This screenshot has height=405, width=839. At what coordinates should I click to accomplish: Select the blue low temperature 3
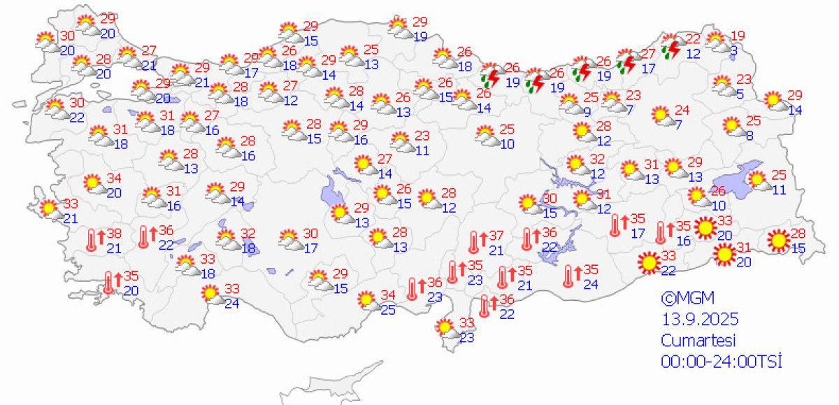click(733, 50)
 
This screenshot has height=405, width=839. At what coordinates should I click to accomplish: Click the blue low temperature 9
click(587, 111)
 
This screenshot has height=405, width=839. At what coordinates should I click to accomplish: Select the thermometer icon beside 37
click(475, 241)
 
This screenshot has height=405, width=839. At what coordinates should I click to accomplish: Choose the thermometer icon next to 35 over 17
click(616, 225)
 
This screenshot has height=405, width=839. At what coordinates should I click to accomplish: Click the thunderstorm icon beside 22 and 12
click(673, 48)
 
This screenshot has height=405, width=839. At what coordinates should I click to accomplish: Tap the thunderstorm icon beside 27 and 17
click(628, 63)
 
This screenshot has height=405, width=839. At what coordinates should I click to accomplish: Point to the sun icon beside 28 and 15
click(777, 241)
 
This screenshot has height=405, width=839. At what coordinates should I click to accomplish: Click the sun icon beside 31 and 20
click(724, 255)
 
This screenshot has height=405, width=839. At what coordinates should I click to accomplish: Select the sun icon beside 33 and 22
click(648, 262)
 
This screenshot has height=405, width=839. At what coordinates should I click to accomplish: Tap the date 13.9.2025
click(699, 320)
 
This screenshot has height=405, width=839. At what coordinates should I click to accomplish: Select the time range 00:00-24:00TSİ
click(720, 362)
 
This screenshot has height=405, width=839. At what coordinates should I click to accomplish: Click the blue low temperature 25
click(388, 310)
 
